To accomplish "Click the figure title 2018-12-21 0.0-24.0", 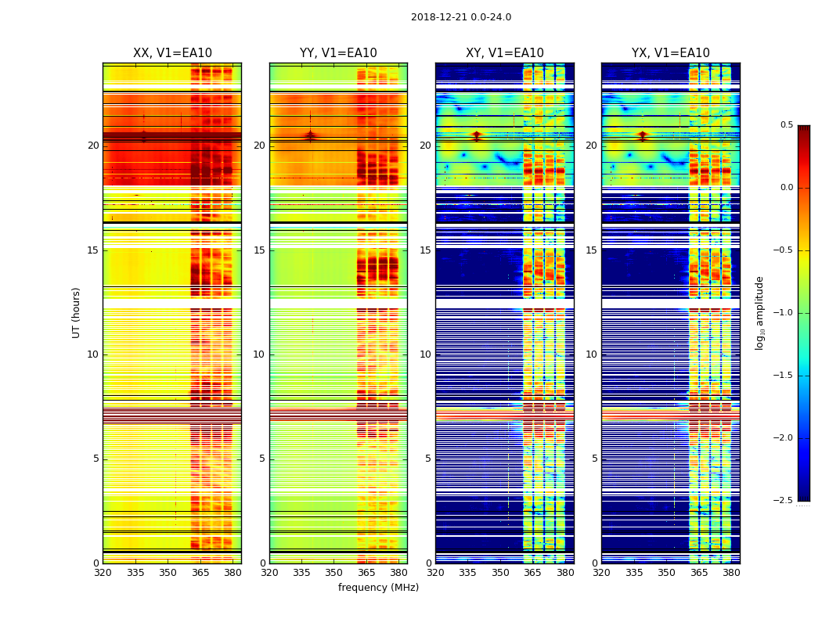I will [460, 17].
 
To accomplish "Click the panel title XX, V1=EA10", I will [172, 53].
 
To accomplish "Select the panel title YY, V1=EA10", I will [338, 53].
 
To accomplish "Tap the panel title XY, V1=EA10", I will [504, 53].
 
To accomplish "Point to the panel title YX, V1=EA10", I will [670, 53].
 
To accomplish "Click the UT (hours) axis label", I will [76, 312].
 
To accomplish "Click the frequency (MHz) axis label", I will [378, 588].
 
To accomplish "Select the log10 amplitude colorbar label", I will [759, 312].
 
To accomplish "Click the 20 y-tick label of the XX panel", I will [93, 146].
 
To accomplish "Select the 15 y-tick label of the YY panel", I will [260, 250].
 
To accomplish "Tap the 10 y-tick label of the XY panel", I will [426, 354].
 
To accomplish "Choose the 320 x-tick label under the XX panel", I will [103, 573].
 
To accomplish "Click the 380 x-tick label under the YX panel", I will [731, 573].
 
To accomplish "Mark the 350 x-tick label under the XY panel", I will [500, 573].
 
